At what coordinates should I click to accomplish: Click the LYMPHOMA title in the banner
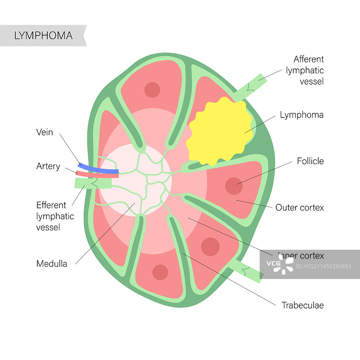click(x=43, y=36)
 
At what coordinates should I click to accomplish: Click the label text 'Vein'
click(x=45, y=132)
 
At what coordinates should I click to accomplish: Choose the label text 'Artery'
click(x=48, y=166)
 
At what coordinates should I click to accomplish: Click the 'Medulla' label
click(x=52, y=264)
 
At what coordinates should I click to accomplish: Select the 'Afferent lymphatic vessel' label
click(x=308, y=70)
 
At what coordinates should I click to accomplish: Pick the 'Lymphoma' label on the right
click(x=301, y=115)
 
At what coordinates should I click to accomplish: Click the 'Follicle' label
click(x=310, y=161)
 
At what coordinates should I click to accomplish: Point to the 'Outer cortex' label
click(x=300, y=207)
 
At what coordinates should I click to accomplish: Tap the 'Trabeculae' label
click(x=302, y=306)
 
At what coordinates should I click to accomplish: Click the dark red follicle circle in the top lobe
click(x=152, y=90)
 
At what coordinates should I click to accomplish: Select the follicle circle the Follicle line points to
click(x=234, y=186)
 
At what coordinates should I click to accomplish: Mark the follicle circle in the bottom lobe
click(x=160, y=272)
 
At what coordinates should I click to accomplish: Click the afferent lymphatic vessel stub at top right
click(x=250, y=88)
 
